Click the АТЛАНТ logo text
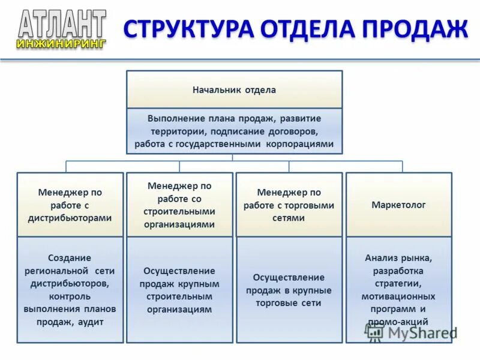coord(62,24)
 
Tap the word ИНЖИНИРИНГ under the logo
coord(62,43)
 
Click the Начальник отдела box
coord(234,90)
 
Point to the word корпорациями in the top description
coord(298,145)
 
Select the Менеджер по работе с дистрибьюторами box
coord(70,205)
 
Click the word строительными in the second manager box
coord(179,212)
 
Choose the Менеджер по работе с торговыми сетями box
coord(289,205)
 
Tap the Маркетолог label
coord(399,205)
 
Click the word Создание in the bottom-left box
coord(70,257)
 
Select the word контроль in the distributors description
coord(70,296)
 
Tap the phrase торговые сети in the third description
coord(289,303)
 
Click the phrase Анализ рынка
coord(398,258)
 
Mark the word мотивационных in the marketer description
coord(398,296)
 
